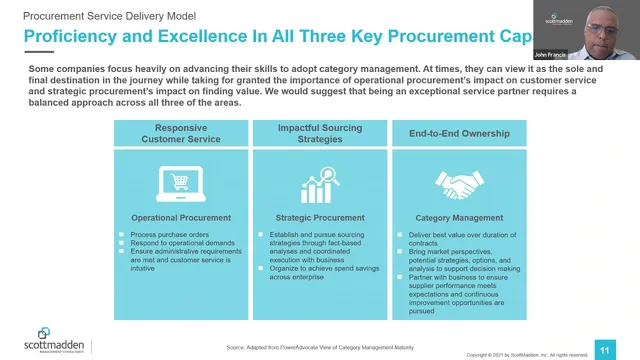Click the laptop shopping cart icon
[x=182, y=185]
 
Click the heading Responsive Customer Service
[x=182, y=133]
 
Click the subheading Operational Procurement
[x=182, y=217]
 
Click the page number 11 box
[x=604, y=349]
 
